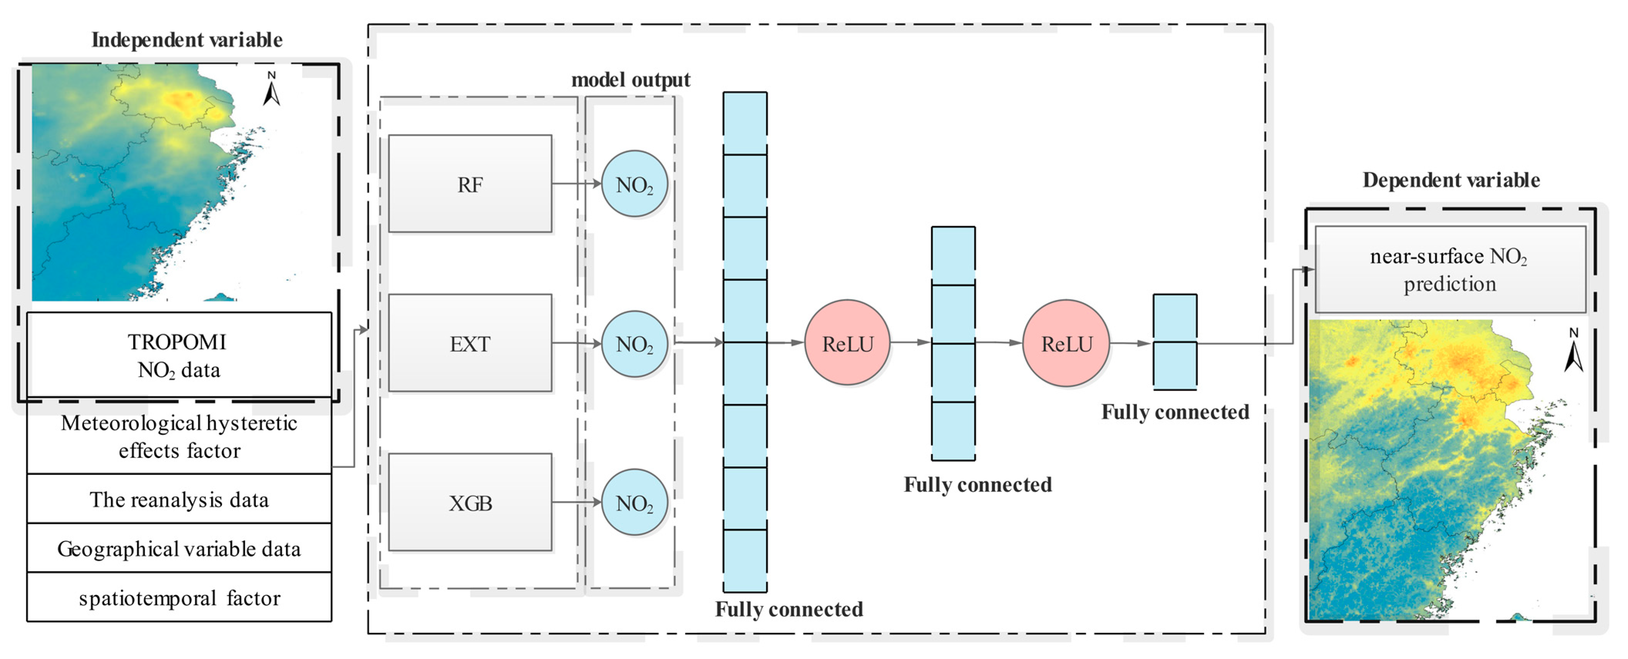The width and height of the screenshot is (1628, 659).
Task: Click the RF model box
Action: point(469,184)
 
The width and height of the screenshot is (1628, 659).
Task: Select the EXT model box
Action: point(469,343)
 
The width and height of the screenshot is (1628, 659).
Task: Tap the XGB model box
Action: point(469,502)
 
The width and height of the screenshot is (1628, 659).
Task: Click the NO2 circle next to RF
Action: point(634,184)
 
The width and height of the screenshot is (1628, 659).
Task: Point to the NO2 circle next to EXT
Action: point(634,344)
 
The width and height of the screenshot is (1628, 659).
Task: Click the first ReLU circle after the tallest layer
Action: point(847,343)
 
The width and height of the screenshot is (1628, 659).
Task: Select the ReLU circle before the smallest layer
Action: point(1066,343)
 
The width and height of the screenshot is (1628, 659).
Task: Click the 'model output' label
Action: point(630,80)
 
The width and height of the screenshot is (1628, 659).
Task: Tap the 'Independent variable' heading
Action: point(187,40)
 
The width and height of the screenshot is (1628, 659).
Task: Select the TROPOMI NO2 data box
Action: point(179,355)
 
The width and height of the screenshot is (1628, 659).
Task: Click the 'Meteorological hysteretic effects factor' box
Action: point(179,436)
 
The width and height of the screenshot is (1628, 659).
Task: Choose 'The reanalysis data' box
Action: point(179,499)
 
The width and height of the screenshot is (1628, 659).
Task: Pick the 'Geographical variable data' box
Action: point(179,548)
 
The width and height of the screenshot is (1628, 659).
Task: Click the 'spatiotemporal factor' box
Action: point(179,598)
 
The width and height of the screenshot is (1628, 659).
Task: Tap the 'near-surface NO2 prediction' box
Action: point(1450,270)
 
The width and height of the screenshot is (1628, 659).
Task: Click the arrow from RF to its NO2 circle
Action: point(575,184)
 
